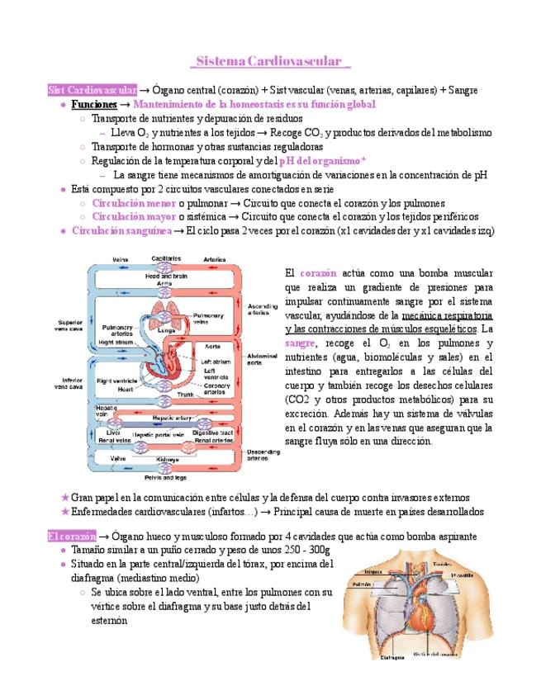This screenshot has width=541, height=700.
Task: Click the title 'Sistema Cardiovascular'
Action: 270,61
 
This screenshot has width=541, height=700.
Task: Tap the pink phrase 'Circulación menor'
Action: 133,202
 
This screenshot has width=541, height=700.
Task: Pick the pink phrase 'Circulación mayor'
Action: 133,216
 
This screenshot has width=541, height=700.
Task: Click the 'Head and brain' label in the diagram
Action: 166,276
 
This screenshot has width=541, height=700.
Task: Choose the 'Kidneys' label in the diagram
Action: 167,458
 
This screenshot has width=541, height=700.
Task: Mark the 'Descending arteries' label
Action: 263,455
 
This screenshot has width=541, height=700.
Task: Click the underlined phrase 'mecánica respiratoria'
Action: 447,316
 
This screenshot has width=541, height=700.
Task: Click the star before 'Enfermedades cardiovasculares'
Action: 65,512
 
